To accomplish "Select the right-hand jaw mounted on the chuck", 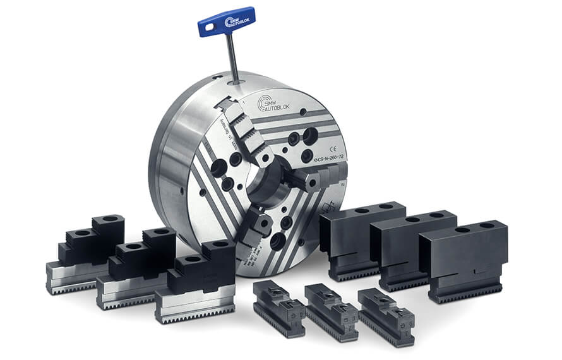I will click(x=313, y=179).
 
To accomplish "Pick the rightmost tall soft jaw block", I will click(x=464, y=259).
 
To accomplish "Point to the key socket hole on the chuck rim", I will click(x=236, y=81).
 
